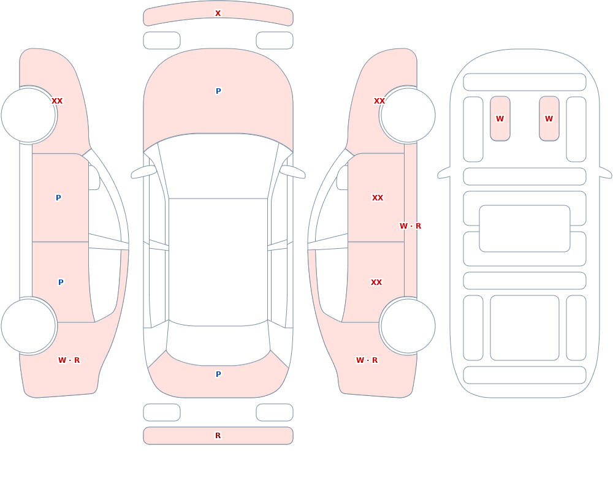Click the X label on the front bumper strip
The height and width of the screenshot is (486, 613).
point(218,13)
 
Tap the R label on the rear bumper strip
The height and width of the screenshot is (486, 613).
point(218,436)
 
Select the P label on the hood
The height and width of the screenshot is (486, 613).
point(218,91)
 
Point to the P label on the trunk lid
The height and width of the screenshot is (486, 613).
point(218,374)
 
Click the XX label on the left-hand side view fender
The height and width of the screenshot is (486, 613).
point(57,101)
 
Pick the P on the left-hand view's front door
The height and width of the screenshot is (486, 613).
point(58,198)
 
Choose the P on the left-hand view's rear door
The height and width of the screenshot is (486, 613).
point(61,283)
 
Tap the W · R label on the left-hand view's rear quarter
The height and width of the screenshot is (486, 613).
point(69,360)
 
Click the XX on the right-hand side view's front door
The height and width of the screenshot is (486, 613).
point(377,198)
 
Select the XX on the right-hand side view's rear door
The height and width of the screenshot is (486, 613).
point(376,283)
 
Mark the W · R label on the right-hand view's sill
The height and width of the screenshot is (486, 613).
point(410,226)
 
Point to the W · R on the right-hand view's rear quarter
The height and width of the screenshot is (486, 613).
point(367,360)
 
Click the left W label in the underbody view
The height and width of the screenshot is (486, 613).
point(500,119)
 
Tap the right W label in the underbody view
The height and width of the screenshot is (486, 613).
point(549,119)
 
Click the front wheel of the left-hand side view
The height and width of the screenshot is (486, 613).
point(28,115)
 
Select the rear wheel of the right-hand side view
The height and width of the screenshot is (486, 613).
point(408,325)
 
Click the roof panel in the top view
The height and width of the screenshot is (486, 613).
point(218,262)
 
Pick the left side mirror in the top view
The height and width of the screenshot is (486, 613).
point(143,172)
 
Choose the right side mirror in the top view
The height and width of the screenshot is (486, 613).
point(292,172)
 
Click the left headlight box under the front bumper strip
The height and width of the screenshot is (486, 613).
point(161,40)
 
